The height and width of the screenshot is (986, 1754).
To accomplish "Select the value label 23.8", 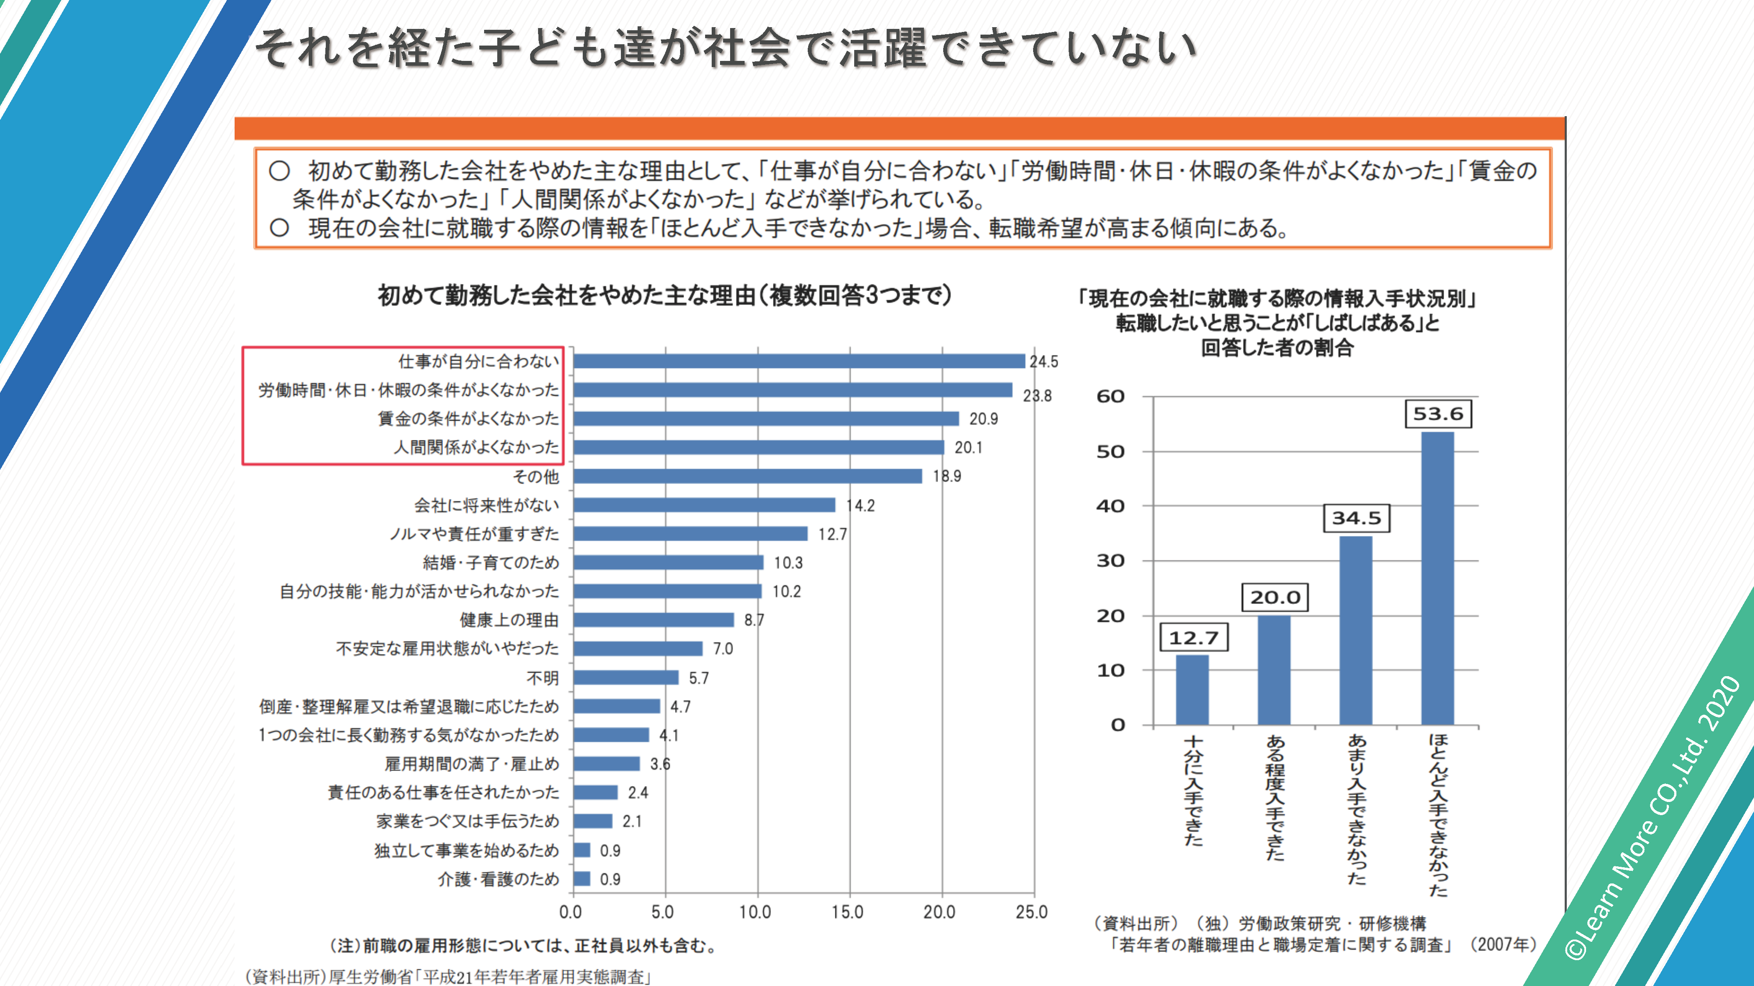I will [1037, 396].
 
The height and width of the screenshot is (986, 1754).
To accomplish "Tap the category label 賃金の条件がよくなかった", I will [468, 419].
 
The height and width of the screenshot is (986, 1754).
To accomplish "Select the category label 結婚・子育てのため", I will [490, 563].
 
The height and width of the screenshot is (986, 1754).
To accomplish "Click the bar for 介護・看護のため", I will [581, 879].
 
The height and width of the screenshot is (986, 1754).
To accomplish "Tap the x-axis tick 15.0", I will [847, 912].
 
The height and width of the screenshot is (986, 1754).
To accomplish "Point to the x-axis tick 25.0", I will [1031, 912].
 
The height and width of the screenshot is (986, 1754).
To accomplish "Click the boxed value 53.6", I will [1438, 414].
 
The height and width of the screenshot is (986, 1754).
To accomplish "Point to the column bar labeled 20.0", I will [1274, 670].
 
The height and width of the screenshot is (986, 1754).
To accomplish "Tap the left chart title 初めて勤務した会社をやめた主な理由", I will [664, 296].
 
